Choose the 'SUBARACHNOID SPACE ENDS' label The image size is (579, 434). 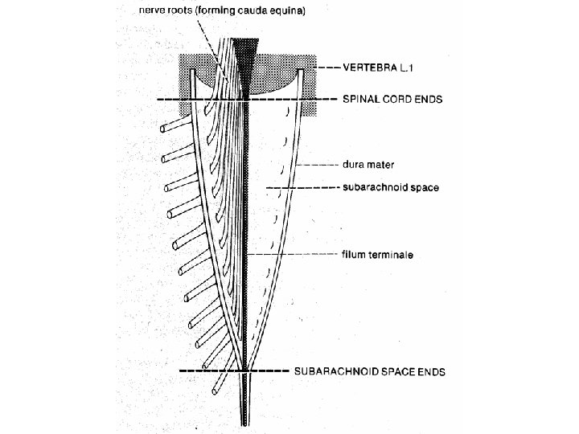click(x=369, y=371)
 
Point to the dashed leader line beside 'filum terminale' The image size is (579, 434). click(x=298, y=255)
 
